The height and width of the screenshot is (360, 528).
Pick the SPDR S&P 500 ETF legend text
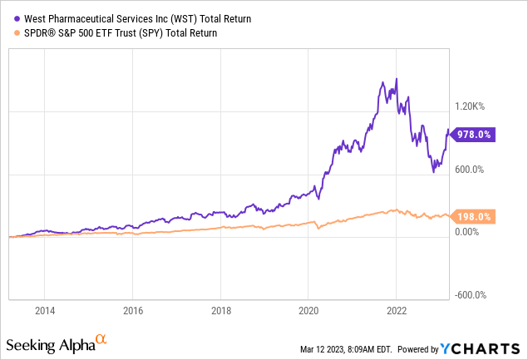click(116, 33)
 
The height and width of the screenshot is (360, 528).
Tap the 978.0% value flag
click(474, 134)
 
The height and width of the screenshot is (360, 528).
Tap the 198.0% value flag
click(474, 216)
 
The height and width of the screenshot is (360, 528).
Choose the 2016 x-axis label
click(132, 311)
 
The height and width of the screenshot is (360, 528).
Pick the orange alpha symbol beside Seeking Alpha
click(101, 340)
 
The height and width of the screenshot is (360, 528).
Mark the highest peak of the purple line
click(396, 79)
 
